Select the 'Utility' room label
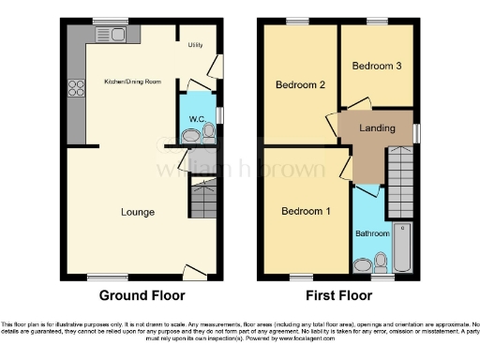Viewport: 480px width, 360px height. click(195, 44)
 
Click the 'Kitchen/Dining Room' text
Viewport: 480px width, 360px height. click(132, 82)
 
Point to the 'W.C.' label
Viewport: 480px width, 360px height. click(197, 119)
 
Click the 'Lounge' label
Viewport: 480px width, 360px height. click(138, 212)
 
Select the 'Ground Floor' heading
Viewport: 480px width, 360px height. click(142, 295)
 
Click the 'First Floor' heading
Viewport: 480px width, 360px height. click(339, 295)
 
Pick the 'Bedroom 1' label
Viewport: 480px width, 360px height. click(306, 211)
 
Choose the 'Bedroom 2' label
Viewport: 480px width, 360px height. click(300, 85)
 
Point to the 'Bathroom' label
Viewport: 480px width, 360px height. click(372, 232)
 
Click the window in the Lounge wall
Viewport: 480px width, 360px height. click(103, 277)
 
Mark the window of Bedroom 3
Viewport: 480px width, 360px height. click(378, 21)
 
